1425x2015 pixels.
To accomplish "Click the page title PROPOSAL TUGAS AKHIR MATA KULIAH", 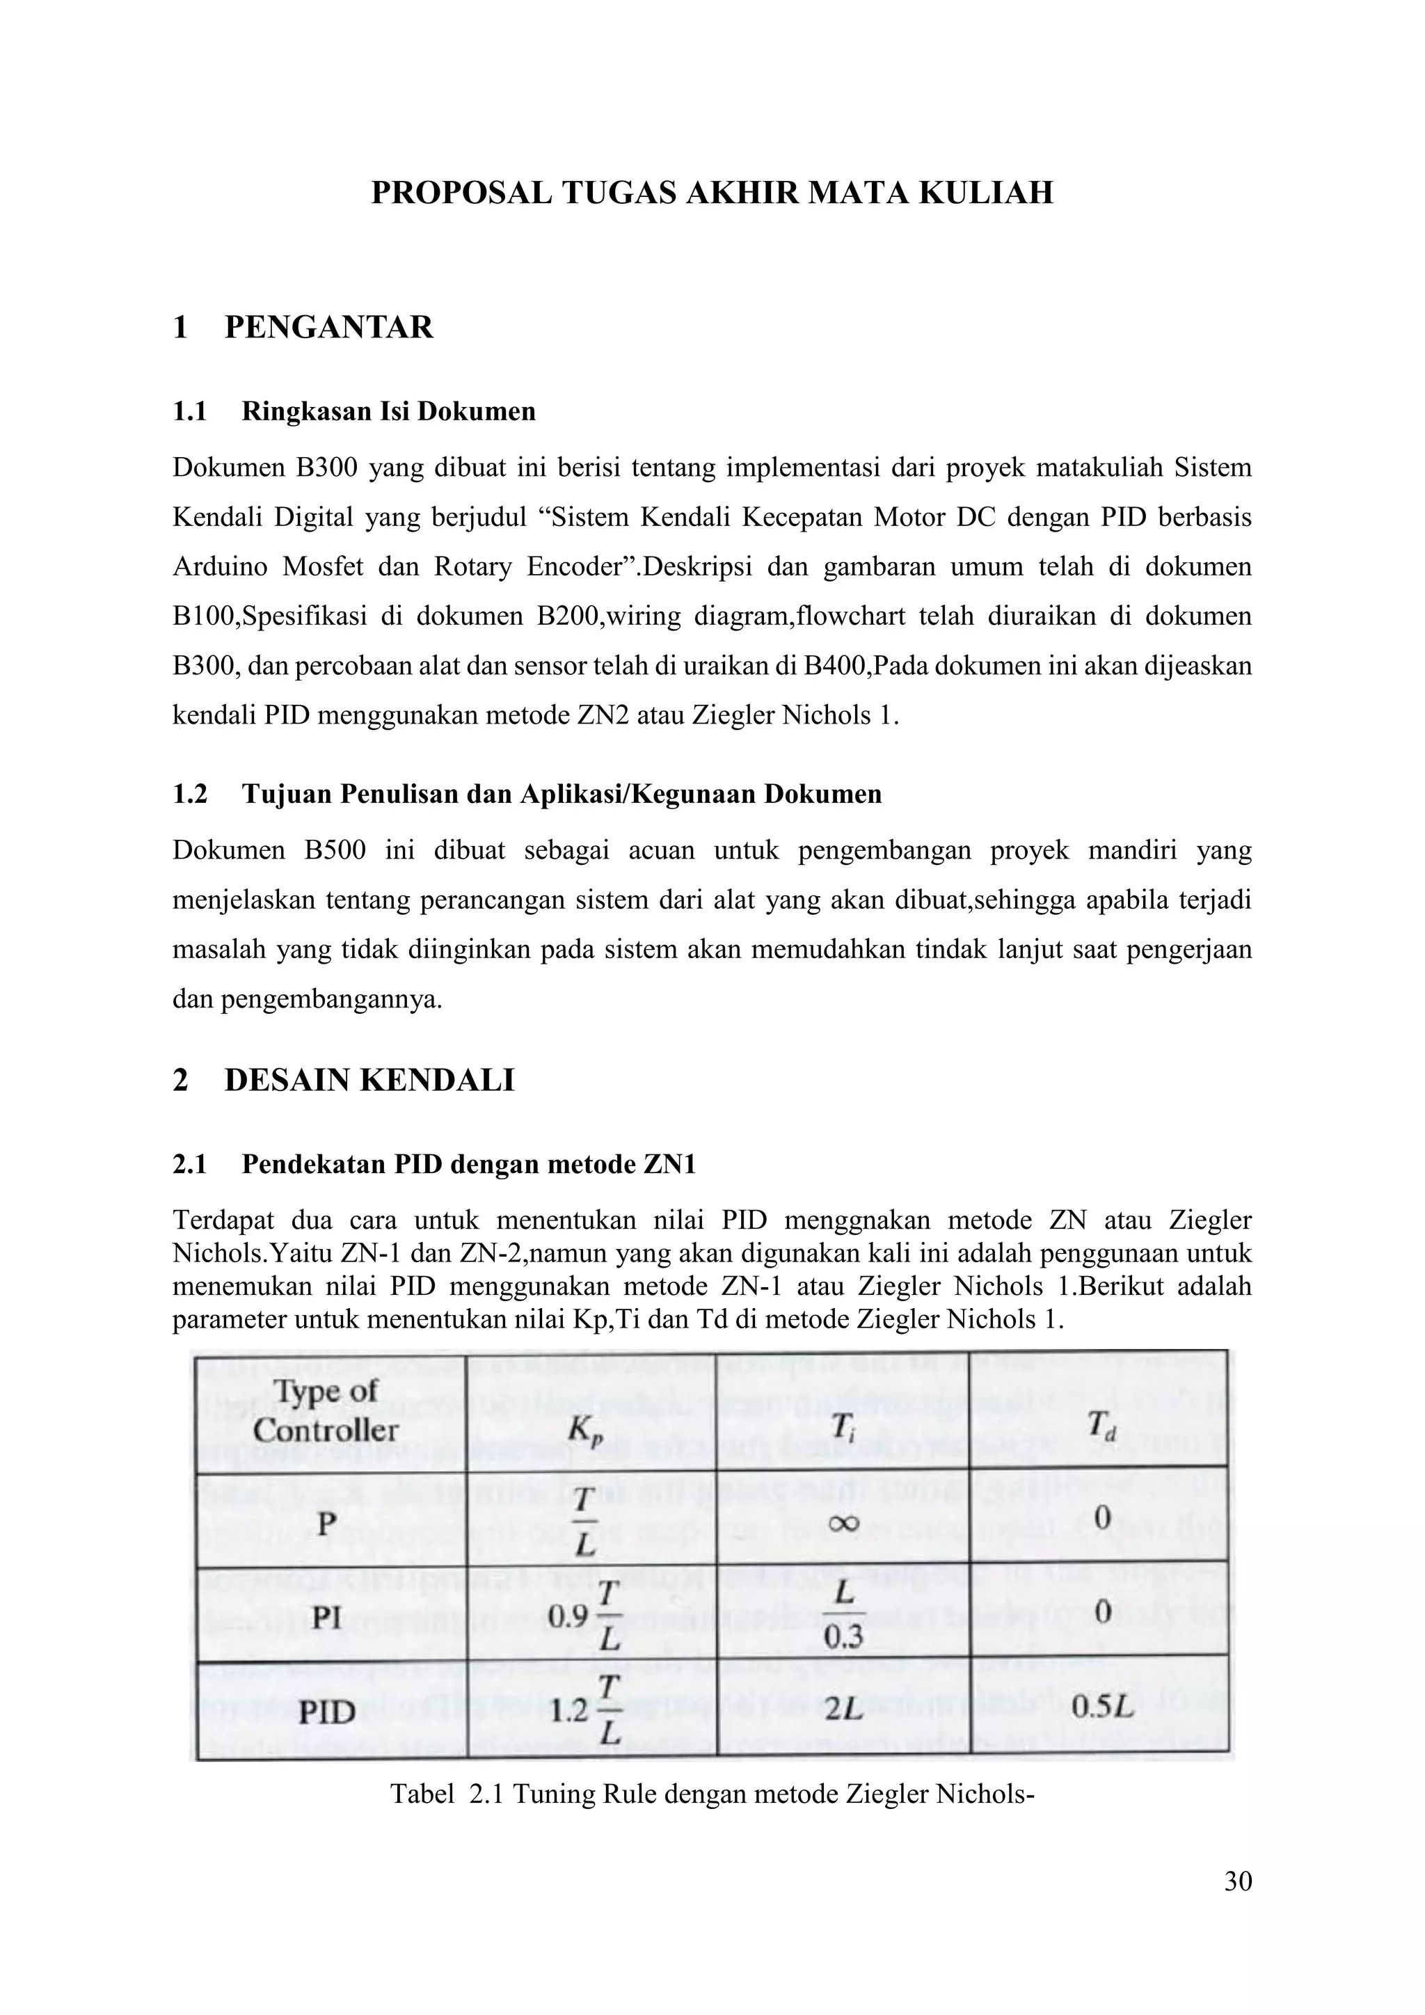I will pos(712,192).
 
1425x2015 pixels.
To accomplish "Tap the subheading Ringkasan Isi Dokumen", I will pos(388,412).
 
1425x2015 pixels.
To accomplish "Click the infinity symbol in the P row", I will pos(843,1524).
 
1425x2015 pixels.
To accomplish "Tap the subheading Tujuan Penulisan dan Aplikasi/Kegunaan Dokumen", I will pos(562,794).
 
